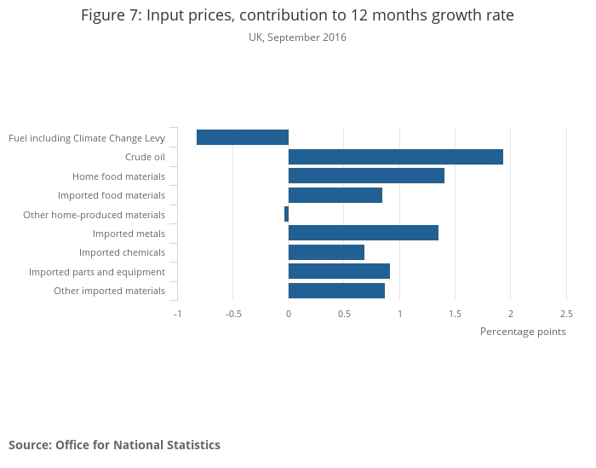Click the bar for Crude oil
pos(396,157)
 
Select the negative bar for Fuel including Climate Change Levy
pos(243,137)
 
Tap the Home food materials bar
pos(366,176)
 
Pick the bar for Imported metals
pos(364,233)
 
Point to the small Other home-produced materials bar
pos(286,214)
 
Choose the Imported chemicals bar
pos(326,252)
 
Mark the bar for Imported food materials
pos(335,195)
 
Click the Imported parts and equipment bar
pos(339,271)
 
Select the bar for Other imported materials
pos(336,291)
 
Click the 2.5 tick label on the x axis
pos(566,313)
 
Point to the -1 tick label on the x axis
pos(177,313)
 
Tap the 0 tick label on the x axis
pos(289,313)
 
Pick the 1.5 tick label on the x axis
pos(456,313)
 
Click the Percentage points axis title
pos(523,332)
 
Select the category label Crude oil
pos(145,157)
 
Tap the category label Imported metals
pos(129,234)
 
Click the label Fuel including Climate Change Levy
pos(87,138)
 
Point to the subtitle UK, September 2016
pos(297,38)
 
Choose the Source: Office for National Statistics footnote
pos(114,445)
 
